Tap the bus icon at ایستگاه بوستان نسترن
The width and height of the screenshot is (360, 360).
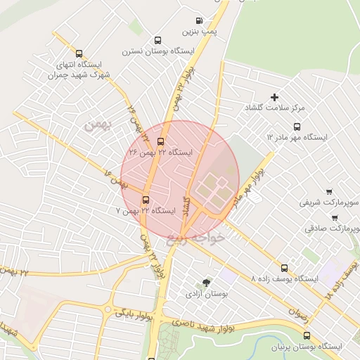(157, 41)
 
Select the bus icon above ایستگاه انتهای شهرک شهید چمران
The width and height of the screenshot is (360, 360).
(78, 53)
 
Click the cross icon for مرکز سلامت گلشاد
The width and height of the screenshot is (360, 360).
(274, 97)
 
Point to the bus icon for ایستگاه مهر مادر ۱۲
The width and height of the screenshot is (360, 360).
(297, 127)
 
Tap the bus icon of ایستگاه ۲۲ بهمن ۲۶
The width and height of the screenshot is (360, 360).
(160, 141)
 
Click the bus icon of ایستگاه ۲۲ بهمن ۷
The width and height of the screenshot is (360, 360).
(146, 199)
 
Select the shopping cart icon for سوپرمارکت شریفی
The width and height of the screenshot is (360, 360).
(328, 191)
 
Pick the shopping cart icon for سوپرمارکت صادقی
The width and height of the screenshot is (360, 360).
(334, 217)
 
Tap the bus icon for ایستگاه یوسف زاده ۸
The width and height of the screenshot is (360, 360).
(284, 268)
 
